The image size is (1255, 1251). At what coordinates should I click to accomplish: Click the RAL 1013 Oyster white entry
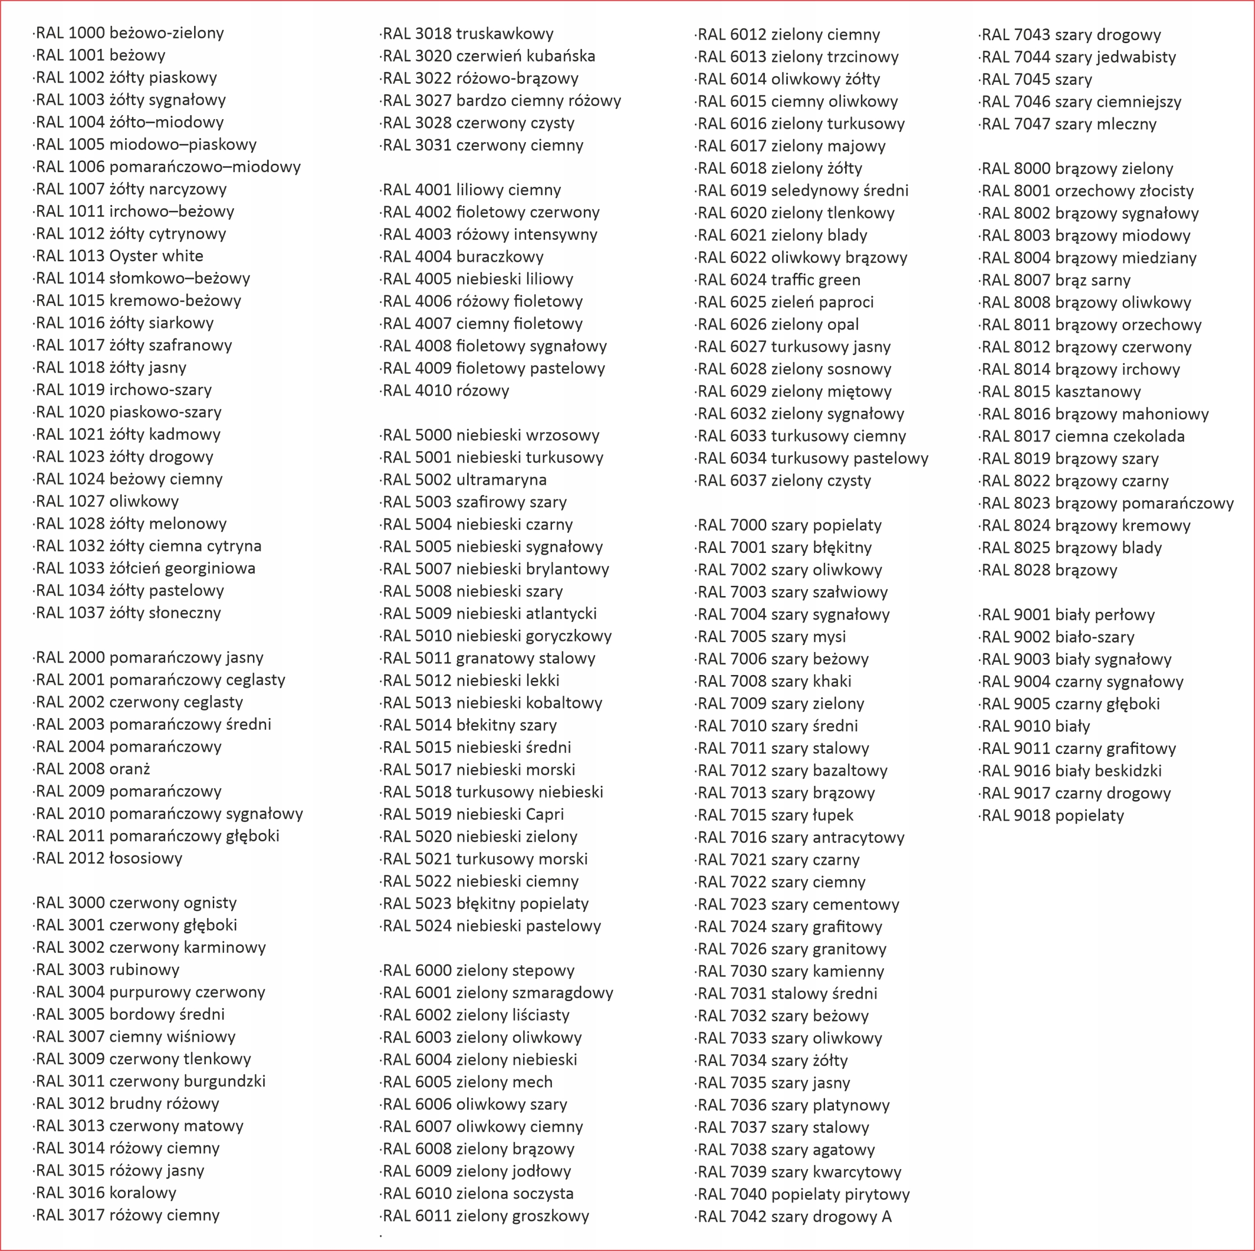pyautogui.click(x=120, y=256)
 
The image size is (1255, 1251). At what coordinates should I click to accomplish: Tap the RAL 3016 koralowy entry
pyautogui.click(x=106, y=1193)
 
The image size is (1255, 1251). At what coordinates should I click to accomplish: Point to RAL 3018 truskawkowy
pyautogui.click(x=468, y=34)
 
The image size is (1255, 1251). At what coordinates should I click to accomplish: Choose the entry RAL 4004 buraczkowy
pyautogui.click(x=462, y=256)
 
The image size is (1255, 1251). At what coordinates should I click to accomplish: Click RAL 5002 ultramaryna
pyautogui.click(x=464, y=480)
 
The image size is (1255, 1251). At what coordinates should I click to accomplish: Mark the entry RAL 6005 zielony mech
pyautogui.click(x=468, y=1082)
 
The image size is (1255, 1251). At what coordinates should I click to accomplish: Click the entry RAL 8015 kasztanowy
pyautogui.click(x=1060, y=392)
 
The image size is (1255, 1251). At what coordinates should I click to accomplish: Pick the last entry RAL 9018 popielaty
pyautogui.click(x=1052, y=815)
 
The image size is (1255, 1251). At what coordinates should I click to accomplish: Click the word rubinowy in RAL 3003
pyautogui.click(x=144, y=970)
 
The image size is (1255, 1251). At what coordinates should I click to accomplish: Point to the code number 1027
pyautogui.click(x=86, y=501)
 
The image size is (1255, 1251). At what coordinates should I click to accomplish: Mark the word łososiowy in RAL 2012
pyautogui.click(x=146, y=858)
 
